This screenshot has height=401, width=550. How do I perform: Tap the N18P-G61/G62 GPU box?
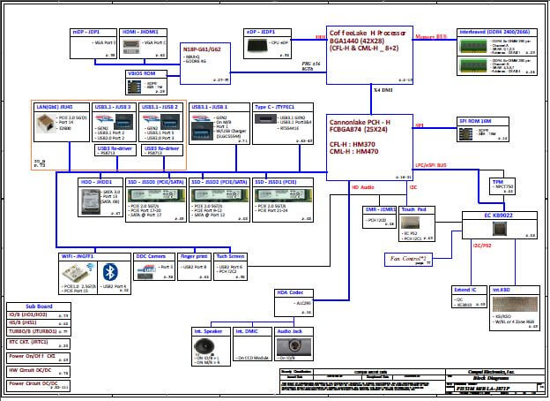point(205,62)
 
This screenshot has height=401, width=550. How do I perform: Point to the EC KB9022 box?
point(500,223)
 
